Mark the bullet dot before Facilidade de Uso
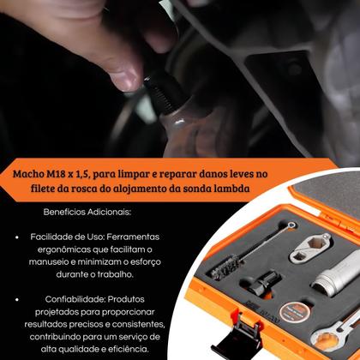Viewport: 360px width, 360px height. tap(19, 233)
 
